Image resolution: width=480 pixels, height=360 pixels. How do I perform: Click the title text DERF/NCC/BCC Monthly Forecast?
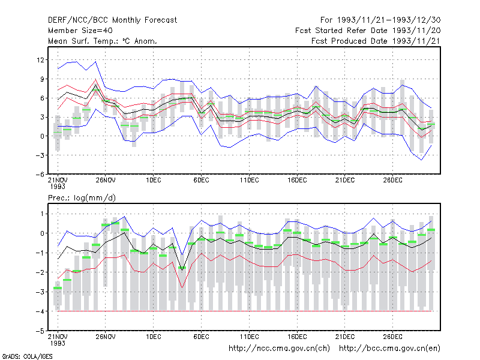click(112, 20)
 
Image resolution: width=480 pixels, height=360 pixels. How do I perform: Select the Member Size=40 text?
click(80, 31)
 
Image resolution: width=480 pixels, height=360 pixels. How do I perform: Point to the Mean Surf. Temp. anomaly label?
click(103, 41)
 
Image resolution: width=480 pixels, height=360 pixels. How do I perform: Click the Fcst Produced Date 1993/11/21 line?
click(376, 41)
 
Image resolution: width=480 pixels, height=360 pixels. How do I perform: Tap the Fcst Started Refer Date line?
click(368, 31)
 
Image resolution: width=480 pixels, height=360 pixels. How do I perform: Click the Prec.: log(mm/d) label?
click(82, 198)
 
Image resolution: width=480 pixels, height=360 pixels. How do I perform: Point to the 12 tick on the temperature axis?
click(40, 60)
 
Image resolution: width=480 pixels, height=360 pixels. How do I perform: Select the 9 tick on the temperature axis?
click(42, 79)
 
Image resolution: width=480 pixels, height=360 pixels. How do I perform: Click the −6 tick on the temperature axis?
click(40, 175)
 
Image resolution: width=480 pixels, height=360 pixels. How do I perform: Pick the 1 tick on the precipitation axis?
click(42, 214)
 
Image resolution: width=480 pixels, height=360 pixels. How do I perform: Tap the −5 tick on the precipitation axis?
click(40, 331)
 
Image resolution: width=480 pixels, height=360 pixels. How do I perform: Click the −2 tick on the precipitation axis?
click(40, 272)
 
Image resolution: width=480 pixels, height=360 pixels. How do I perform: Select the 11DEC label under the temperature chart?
click(249, 180)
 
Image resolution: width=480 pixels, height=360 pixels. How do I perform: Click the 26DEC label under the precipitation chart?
click(393, 337)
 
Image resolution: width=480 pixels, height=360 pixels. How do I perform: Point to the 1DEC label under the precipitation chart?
click(154, 337)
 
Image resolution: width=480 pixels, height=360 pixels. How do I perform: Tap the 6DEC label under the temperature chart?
click(201, 180)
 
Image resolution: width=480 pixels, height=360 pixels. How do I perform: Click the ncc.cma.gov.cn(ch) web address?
click(279, 349)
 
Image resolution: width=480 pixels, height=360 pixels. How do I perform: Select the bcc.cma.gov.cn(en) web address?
click(389, 349)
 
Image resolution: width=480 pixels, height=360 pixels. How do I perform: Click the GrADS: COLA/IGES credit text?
click(27, 356)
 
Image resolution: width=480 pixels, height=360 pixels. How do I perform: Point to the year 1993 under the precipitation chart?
click(58, 343)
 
